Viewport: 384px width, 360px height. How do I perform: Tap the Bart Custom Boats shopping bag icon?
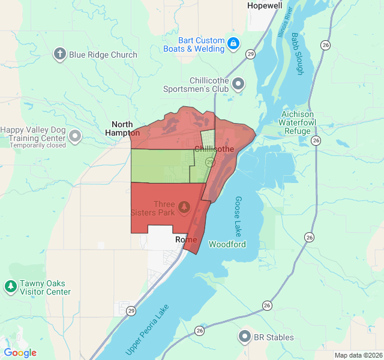pyautogui.click(x=233, y=44)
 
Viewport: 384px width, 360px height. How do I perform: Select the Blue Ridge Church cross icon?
pyautogui.click(x=59, y=55)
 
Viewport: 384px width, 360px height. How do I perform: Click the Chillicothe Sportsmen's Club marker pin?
pyautogui.click(x=239, y=84)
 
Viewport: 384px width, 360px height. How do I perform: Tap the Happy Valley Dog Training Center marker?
pyautogui.click(x=75, y=136)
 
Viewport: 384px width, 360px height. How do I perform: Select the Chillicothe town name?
pyautogui.click(x=214, y=148)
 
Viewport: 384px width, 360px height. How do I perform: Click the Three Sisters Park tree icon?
pyautogui.click(x=185, y=208)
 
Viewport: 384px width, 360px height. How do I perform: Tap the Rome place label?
pyautogui.click(x=186, y=239)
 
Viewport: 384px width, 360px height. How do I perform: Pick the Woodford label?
pyautogui.click(x=227, y=244)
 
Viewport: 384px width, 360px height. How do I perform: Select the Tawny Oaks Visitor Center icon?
pyautogui.click(x=10, y=287)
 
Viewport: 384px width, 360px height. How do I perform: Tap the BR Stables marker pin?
pyautogui.click(x=245, y=337)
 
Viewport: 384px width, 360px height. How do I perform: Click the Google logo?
pyautogui.click(x=20, y=353)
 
